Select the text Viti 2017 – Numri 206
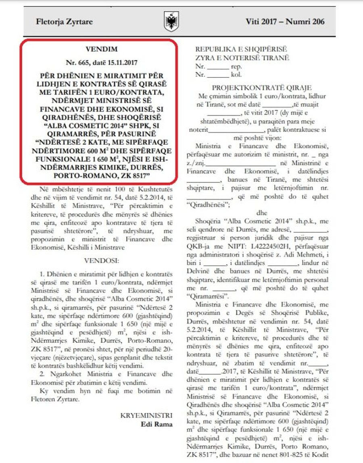click(x=285, y=21)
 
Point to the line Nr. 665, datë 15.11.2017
click(x=101, y=63)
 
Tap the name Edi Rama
click(x=156, y=424)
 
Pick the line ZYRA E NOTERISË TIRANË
click(x=242, y=58)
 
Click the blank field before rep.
click(x=218, y=67)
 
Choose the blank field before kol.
click(x=218, y=75)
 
